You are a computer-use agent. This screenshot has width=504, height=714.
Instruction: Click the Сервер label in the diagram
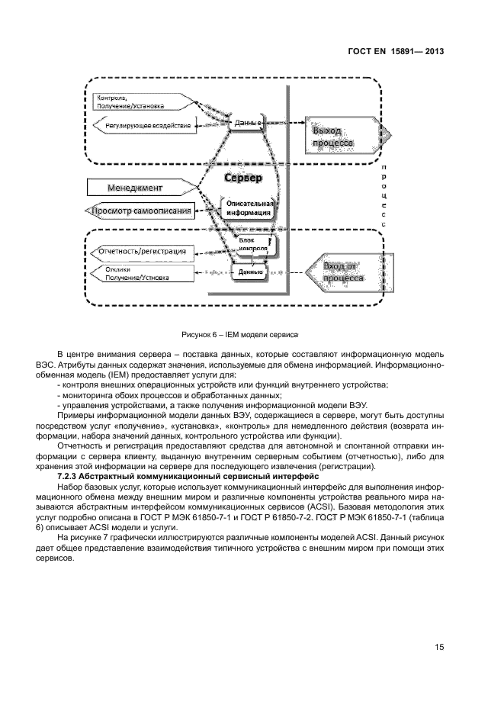click(x=243, y=178)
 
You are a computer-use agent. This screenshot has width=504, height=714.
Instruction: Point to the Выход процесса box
click(x=333, y=137)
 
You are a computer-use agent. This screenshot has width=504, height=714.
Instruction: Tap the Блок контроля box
click(x=252, y=245)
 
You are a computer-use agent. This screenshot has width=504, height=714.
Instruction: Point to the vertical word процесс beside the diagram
click(x=384, y=196)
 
